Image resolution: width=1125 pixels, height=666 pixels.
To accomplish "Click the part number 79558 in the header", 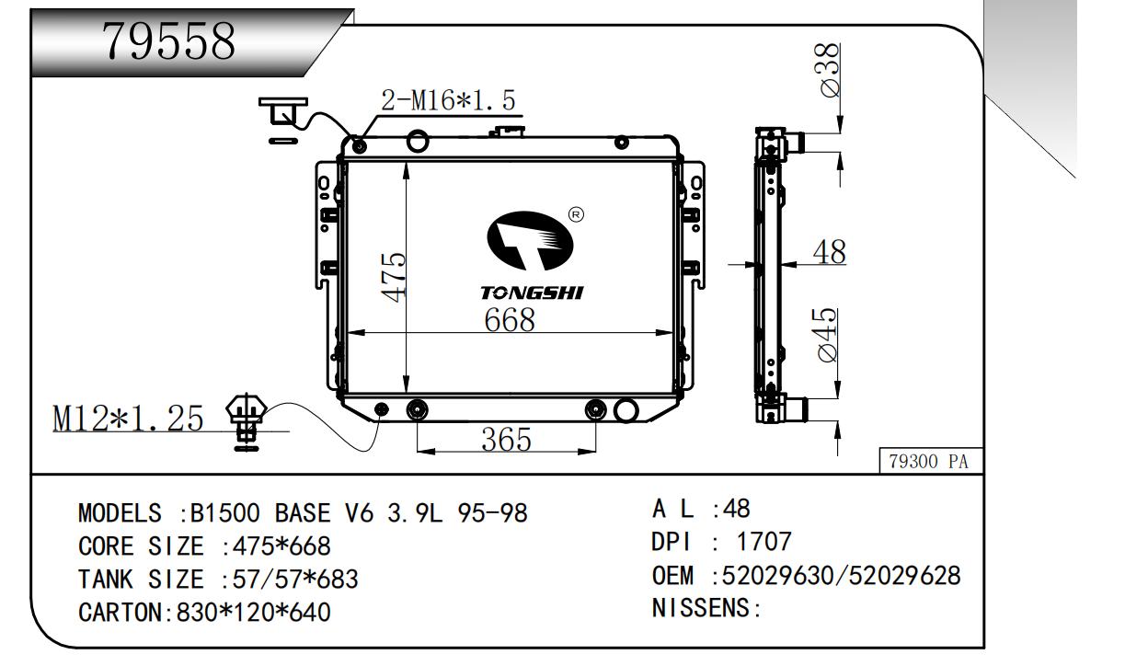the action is pyautogui.click(x=168, y=40).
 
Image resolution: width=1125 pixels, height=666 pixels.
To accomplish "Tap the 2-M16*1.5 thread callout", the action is pyautogui.click(x=448, y=100).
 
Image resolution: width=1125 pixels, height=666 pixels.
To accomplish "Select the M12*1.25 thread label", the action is pyautogui.click(x=128, y=419).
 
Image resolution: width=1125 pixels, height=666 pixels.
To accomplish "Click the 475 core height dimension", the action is pyautogui.click(x=393, y=277).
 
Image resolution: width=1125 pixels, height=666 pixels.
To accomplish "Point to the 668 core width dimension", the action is pyautogui.click(x=510, y=319).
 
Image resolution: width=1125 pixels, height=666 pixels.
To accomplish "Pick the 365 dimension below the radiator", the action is pyautogui.click(x=506, y=440).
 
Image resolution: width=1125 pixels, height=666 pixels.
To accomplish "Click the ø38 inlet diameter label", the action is pyautogui.click(x=830, y=69).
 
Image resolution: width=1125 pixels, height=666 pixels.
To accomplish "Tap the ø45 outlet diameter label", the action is pyautogui.click(x=827, y=334).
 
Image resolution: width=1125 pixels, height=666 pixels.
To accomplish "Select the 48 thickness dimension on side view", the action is pyautogui.click(x=829, y=252).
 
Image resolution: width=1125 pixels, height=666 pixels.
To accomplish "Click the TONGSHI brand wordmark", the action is pyautogui.click(x=532, y=293).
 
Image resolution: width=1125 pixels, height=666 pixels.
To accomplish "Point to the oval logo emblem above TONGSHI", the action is pyautogui.click(x=531, y=241).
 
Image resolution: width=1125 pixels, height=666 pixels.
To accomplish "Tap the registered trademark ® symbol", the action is pyautogui.click(x=576, y=215).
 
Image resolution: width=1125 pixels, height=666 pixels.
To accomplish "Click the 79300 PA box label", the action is pyautogui.click(x=929, y=461).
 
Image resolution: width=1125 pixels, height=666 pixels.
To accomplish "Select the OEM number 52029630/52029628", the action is pyautogui.click(x=841, y=576).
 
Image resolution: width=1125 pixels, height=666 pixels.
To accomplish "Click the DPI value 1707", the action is pyautogui.click(x=763, y=542).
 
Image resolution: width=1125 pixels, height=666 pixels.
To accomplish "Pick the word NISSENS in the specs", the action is pyautogui.click(x=701, y=608).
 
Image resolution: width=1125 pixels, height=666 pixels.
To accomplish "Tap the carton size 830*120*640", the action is pyautogui.click(x=254, y=613).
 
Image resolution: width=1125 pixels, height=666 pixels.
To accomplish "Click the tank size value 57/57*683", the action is pyautogui.click(x=295, y=580).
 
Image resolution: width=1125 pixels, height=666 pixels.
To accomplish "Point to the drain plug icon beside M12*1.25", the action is pyautogui.click(x=247, y=421).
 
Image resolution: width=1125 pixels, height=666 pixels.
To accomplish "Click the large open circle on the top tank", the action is pyautogui.click(x=418, y=141).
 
